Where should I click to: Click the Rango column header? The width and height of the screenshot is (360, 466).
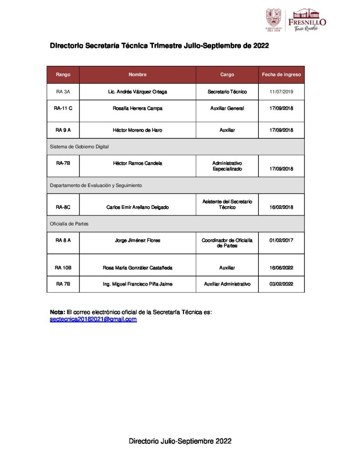pos(63,75)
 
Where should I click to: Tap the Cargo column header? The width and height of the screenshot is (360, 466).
pos(227,75)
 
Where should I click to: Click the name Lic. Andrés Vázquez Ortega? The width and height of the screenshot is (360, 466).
pos(137,92)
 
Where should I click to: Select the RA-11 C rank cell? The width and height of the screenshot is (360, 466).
pos(63,108)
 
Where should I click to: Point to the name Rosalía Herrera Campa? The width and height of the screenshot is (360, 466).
pos(137,108)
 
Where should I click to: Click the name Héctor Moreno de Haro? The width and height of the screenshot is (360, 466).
pos(137,130)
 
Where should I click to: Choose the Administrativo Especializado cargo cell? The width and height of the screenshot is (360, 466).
pos(227,166)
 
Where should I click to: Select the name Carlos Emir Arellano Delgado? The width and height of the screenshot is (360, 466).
pos(137,208)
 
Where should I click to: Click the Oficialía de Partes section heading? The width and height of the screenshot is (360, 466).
pos(69,223)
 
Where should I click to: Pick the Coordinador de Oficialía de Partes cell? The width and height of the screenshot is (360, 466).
pos(227,243)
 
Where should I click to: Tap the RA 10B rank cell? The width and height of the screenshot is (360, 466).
pos(63,268)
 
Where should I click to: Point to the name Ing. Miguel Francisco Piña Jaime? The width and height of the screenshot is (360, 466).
pos(137,284)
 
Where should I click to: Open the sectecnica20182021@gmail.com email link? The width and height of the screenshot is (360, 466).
pos(93,319)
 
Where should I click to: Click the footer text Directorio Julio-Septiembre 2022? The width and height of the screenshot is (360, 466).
pos(180,441)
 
